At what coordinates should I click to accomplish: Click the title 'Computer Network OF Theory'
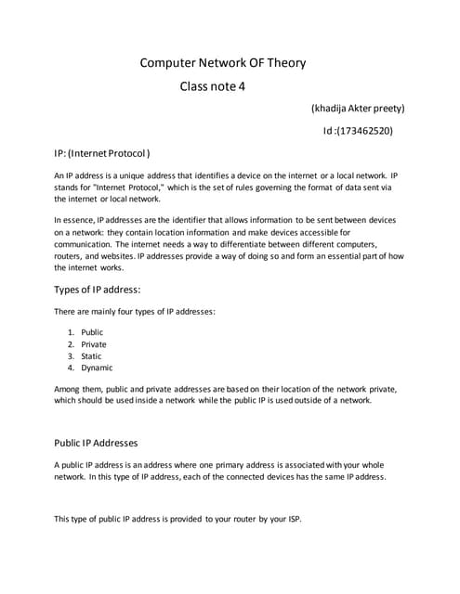[222, 63]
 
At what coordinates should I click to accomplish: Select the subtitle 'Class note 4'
[214, 87]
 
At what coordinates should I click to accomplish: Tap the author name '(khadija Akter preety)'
[358, 108]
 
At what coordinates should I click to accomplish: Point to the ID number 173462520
[362, 131]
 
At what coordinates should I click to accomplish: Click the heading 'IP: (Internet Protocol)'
[101, 152]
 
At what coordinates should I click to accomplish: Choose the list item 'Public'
[92, 332]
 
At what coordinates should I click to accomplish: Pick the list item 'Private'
[94, 344]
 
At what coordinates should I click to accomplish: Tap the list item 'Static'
[91, 356]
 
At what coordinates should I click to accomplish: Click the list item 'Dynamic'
[97, 368]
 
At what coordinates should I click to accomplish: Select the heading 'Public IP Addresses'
[97, 442]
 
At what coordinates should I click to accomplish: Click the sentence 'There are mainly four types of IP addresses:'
[135, 312]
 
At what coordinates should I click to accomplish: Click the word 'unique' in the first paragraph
[123, 175]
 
